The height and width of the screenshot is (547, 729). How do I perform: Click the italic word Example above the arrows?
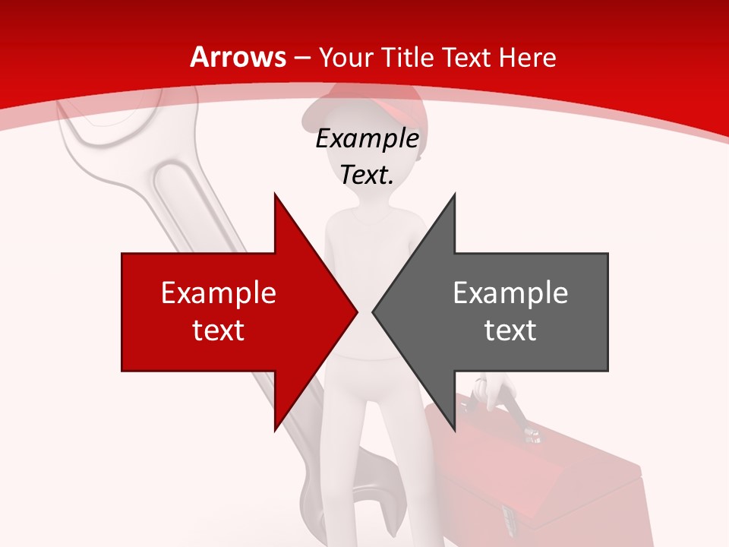367,139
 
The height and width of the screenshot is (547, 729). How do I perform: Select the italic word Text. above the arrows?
367,175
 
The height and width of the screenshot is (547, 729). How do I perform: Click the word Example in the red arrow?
218,292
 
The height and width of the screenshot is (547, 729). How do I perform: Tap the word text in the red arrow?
218,330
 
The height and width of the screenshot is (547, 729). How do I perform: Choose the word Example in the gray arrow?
510,292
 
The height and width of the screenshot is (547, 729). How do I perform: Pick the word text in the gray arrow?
510,330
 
